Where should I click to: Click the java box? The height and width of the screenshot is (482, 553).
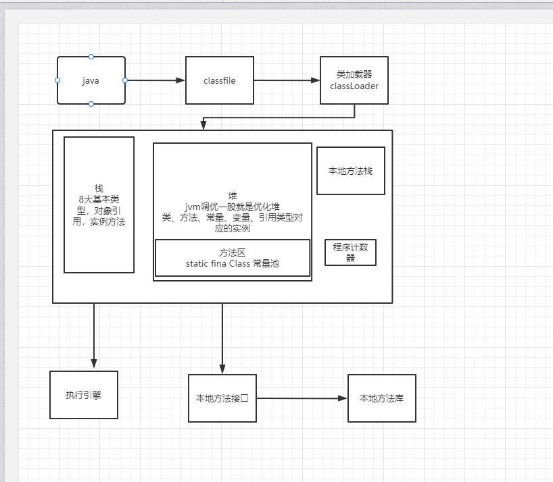click(x=91, y=80)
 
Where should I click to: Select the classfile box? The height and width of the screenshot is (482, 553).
click(x=219, y=80)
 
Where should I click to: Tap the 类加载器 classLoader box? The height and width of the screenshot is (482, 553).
click(x=354, y=80)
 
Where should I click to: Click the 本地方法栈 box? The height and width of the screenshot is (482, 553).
click(x=350, y=171)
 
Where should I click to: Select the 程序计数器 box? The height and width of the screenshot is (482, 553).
click(x=350, y=252)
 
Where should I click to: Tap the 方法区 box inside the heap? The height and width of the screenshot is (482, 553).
click(x=233, y=258)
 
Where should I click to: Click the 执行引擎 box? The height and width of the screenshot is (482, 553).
click(x=84, y=395)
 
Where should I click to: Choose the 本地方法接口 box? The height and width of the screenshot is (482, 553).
click(x=222, y=398)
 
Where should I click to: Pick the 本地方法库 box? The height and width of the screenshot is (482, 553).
click(x=381, y=398)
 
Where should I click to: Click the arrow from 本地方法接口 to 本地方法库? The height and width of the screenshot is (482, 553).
click(x=302, y=398)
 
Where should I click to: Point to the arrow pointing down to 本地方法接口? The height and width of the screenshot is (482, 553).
click(x=222, y=338)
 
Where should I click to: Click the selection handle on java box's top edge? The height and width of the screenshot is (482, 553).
click(x=91, y=57)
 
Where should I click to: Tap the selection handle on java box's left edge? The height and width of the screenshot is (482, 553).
click(x=57, y=80)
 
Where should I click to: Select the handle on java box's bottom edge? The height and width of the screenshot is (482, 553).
click(x=91, y=104)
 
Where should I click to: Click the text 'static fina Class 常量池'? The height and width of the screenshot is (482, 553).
click(x=232, y=264)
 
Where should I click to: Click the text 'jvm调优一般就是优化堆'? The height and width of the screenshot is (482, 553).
click(x=233, y=207)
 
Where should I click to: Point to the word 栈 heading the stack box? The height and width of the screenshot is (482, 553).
click(x=99, y=188)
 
